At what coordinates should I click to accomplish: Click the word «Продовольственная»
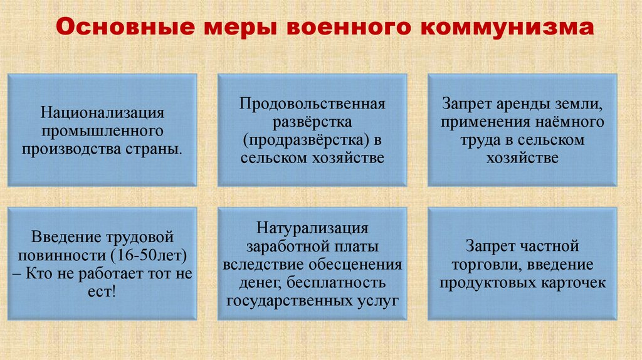pyautogui.click(x=312, y=102)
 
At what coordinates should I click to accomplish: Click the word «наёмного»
pyautogui.click(x=569, y=121)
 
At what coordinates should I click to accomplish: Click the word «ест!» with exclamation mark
pyautogui.click(x=103, y=292)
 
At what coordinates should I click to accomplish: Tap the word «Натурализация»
pyautogui.click(x=312, y=227)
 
